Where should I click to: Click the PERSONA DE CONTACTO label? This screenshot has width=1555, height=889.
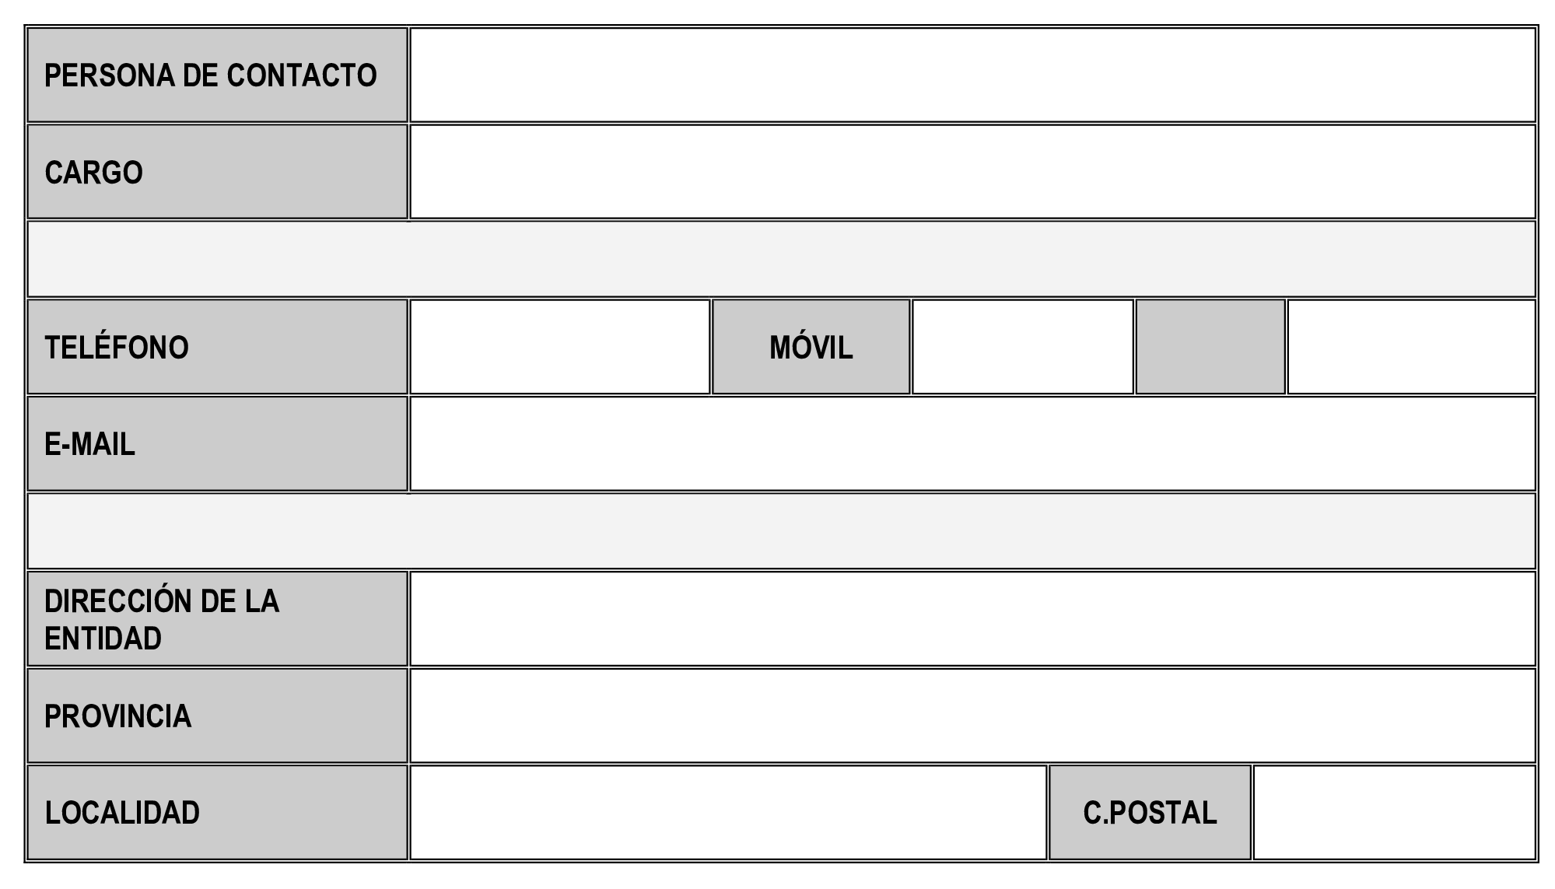click(x=210, y=75)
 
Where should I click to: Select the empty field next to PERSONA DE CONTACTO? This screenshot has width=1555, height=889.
click(x=972, y=75)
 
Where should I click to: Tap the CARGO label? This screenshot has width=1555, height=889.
click(x=93, y=172)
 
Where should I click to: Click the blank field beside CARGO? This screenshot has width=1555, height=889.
click(x=972, y=172)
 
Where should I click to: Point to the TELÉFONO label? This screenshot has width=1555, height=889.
click(x=117, y=347)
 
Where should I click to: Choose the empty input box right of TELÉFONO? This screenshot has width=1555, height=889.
click(x=560, y=347)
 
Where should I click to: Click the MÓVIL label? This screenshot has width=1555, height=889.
click(x=811, y=347)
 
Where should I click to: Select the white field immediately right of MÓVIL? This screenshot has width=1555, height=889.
click(x=1022, y=347)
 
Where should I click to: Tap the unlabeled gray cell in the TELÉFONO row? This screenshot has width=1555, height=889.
click(x=1210, y=347)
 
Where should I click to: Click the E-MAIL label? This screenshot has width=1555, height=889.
click(x=89, y=444)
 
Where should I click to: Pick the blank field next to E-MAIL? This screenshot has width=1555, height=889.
click(x=972, y=444)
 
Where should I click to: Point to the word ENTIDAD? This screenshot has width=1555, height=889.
click(x=103, y=639)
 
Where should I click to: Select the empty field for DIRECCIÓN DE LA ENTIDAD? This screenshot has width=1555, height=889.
click(x=972, y=619)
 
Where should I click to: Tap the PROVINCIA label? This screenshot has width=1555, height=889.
click(x=117, y=716)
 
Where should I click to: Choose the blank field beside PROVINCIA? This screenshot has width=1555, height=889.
click(x=972, y=716)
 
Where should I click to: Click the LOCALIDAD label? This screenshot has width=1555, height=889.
click(x=122, y=813)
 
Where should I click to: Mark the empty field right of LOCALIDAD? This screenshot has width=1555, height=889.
click(x=728, y=813)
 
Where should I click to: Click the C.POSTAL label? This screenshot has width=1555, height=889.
click(x=1150, y=813)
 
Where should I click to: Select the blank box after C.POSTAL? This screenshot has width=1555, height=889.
click(x=1394, y=813)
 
